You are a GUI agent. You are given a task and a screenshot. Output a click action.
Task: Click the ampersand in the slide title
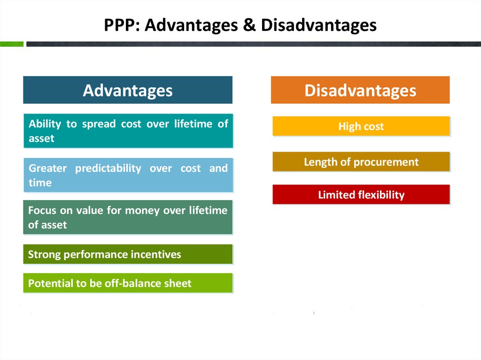pyautogui.click(x=249, y=25)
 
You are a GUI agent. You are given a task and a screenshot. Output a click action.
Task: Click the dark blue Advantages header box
pyautogui.click(x=128, y=90)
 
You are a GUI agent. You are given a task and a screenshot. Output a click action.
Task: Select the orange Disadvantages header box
pyautogui.click(x=360, y=90)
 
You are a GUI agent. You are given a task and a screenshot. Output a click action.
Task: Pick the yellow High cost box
pyautogui.click(x=361, y=126)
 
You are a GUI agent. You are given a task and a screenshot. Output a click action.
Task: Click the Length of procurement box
pyautogui.click(x=361, y=161)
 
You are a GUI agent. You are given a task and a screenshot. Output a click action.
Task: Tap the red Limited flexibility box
pyautogui.click(x=361, y=194)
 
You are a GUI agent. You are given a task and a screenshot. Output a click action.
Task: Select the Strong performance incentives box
pyautogui.click(x=128, y=254)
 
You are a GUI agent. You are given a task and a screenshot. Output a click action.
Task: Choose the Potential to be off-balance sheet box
pyautogui.click(x=128, y=283)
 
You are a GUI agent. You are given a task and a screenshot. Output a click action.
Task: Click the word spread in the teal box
pyautogui.click(x=99, y=124)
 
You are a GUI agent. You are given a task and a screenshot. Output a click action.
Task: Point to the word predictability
pyautogui.click(x=108, y=169)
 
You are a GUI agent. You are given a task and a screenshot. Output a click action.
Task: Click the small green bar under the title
pyautogui.click(x=12, y=44)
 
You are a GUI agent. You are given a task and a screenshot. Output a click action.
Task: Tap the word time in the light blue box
pyautogui.click(x=40, y=183)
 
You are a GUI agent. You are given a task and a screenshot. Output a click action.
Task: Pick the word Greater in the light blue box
pyautogui.click(x=47, y=169)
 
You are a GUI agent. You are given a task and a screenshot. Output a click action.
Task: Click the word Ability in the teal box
pyautogui.click(x=45, y=124)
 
